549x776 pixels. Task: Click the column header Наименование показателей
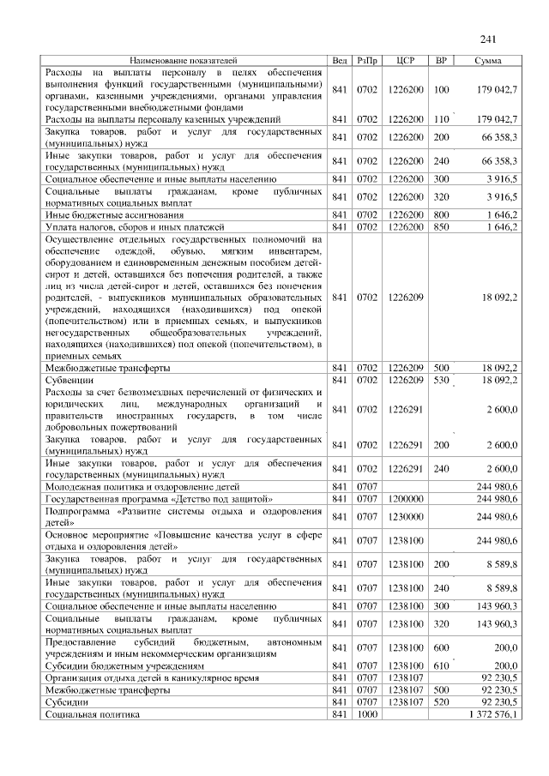[183, 61]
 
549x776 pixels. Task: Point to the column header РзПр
[367, 61]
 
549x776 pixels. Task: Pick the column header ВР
[442, 61]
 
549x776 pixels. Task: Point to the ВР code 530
[442, 379]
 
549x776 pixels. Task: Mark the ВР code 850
[442, 226]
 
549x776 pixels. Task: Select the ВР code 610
[442, 665]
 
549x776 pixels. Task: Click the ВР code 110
[442, 119]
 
